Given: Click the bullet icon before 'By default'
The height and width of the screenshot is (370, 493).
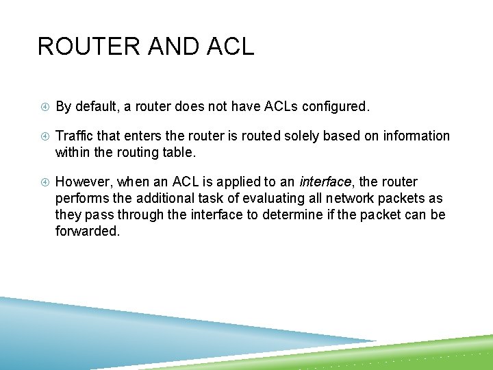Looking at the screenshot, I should tap(43, 107).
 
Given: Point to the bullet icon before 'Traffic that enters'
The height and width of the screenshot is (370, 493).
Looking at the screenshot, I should tap(43, 136).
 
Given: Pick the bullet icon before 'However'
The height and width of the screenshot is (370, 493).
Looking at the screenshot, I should tap(43, 182).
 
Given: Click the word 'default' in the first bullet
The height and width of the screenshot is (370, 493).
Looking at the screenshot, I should tap(95, 107).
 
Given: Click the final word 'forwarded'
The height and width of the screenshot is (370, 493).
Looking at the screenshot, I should tap(86, 231).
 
